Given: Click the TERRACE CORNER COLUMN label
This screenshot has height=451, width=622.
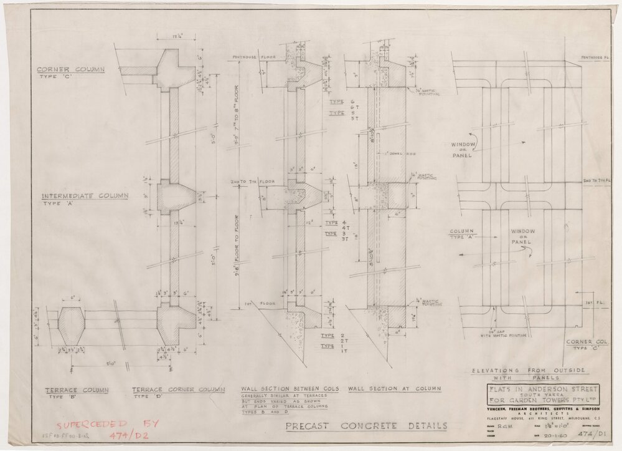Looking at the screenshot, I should click(x=177, y=390).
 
